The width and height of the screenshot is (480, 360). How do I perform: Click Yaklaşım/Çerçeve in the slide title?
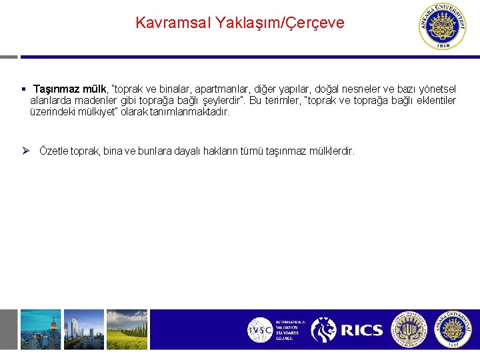click(280, 23)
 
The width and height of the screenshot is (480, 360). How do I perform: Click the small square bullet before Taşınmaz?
click(23, 89)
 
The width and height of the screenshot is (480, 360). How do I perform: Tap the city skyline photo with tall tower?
click(40, 329)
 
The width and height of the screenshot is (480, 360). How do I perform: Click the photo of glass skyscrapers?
click(83, 329)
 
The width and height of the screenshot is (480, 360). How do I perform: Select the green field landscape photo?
click(127, 329)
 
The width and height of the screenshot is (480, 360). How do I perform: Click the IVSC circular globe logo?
click(259, 330)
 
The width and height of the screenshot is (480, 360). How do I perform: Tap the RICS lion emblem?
click(324, 330)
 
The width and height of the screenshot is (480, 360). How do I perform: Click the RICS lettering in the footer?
click(362, 330)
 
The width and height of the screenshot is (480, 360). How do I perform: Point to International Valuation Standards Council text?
click(290, 330)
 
